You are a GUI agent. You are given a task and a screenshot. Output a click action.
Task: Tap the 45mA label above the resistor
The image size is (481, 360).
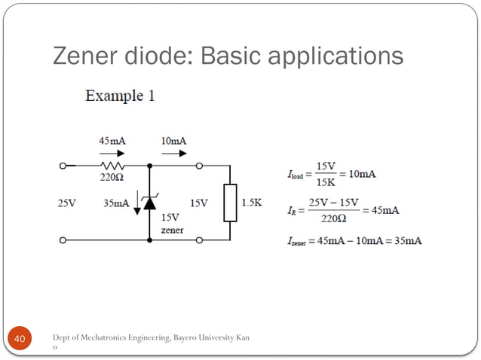click(113, 141)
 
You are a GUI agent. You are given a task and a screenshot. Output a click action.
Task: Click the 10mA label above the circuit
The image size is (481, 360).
click(173, 141)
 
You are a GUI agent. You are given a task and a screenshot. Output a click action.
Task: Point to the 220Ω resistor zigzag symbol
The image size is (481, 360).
click(113, 165)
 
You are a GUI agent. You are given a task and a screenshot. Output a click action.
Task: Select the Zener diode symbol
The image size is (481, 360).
click(149, 202)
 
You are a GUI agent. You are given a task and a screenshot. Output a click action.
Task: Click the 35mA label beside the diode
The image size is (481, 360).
click(116, 203)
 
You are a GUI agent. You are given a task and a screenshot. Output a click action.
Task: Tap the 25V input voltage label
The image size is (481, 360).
click(67, 203)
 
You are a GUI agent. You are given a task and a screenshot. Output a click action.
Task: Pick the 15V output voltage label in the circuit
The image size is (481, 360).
click(198, 203)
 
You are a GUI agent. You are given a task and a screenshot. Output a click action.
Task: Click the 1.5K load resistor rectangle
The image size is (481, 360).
click(230, 203)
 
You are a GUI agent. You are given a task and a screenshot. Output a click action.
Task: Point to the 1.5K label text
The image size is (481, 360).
click(252, 203)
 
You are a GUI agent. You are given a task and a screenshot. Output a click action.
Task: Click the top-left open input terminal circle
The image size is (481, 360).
click(63, 165)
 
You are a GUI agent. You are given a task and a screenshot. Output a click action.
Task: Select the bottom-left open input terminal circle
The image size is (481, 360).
click(63, 240)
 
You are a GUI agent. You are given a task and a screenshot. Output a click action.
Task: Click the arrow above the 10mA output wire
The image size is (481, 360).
click(173, 152)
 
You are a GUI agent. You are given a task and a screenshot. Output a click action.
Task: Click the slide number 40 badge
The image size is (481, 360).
click(20, 341)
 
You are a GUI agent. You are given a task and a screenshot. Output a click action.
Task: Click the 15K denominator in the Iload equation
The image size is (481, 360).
click(326, 182)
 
